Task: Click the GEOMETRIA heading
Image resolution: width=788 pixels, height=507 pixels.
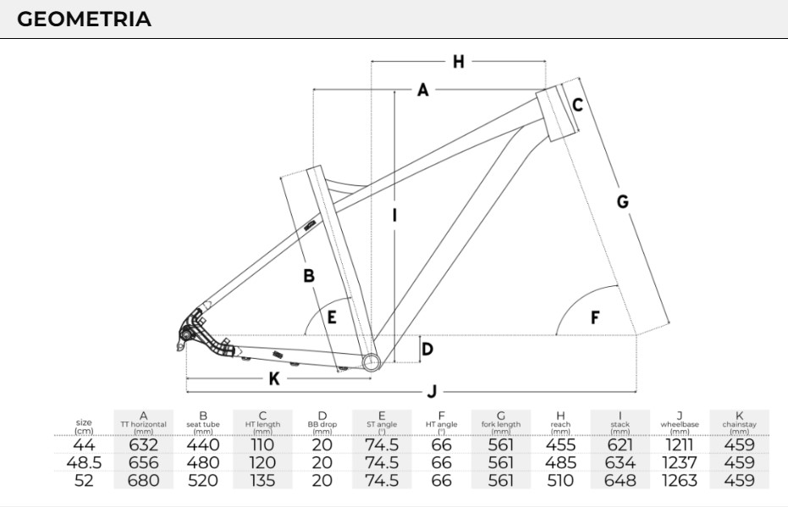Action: point(84,19)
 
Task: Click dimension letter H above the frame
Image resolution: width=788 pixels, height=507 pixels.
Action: point(458,61)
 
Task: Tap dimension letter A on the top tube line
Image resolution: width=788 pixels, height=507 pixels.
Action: point(423,90)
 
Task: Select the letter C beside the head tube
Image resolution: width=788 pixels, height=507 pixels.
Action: point(577,105)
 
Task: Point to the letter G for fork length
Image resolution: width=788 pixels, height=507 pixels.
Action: point(622,201)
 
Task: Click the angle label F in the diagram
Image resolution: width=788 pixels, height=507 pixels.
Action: point(595,317)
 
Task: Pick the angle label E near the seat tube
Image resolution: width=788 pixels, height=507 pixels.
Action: point(332,317)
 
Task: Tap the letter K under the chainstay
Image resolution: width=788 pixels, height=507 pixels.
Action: point(273,379)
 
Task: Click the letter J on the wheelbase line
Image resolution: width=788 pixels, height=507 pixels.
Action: point(432,392)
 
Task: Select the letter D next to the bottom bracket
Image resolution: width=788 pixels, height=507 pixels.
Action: point(427,349)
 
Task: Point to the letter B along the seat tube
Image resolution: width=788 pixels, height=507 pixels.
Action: point(309,275)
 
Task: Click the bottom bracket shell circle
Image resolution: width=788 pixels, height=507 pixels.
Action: point(371,362)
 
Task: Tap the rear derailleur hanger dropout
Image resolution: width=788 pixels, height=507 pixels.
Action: point(185,336)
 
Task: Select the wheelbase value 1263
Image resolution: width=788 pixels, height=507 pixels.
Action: point(680,481)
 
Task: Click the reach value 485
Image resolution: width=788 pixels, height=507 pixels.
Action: point(560,463)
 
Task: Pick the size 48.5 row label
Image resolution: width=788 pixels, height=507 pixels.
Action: point(84,463)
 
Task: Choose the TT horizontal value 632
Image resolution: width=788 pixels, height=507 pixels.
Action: point(143,445)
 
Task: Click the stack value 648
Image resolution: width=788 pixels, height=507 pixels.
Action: point(620,481)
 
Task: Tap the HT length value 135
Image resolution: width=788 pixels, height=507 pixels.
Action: point(262,481)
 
